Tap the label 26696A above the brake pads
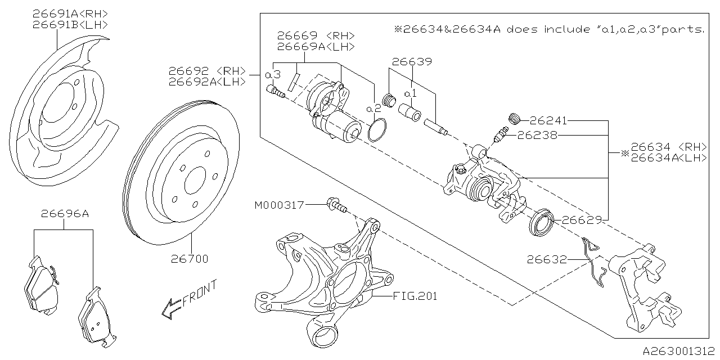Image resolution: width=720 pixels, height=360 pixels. [x=64, y=214]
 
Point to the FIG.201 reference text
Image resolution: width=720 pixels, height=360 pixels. [x=415, y=295]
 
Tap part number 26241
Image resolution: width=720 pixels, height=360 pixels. [x=548, y=120]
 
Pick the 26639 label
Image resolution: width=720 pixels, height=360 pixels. [x=412, y=62]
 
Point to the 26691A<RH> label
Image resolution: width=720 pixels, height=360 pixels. [x=70, y=13]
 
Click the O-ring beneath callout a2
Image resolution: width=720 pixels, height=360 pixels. [x=376, y=130]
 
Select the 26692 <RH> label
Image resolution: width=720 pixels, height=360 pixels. [x=207, y=71]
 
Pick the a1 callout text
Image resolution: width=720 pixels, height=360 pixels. [x=411, y=91]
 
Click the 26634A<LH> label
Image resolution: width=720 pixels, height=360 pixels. [x=669, y=158]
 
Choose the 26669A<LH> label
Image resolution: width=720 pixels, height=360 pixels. [x=316, y=47]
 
